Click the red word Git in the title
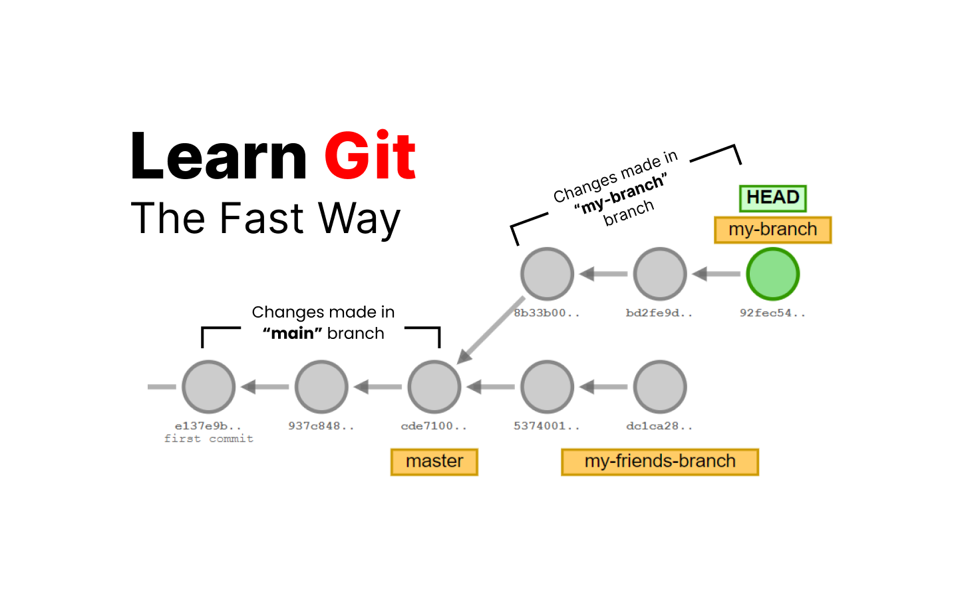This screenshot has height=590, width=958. (370, 156)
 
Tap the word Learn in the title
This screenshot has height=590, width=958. (218, 156)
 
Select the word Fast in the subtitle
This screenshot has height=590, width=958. (262, 218)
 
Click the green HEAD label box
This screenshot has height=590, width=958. (772, 198)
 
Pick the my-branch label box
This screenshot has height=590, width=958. (772, 230)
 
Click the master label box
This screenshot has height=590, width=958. (434, 461)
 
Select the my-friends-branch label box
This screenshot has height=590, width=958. (660, 461)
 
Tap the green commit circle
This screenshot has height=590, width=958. (772, 274)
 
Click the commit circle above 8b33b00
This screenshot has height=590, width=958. (547, 274)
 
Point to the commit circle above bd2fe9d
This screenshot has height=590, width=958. (660, 274)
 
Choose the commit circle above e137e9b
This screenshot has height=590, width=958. (208, 387)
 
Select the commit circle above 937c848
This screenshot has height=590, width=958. (321, 387)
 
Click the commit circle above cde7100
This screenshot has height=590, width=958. (434, 387)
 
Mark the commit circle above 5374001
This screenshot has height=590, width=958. (547, 387)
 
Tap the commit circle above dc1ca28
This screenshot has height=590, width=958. (660, 387)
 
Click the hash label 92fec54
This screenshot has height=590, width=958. (772, 313)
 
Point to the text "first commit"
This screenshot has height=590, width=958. (209, 439)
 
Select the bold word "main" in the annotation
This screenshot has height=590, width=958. (288, 333)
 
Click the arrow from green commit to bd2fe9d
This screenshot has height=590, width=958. (717, 274)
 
